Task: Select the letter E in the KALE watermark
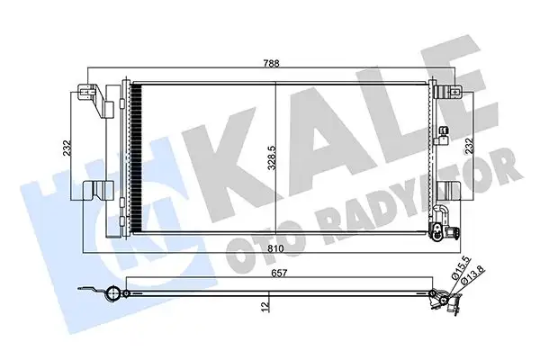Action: (468, 99)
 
